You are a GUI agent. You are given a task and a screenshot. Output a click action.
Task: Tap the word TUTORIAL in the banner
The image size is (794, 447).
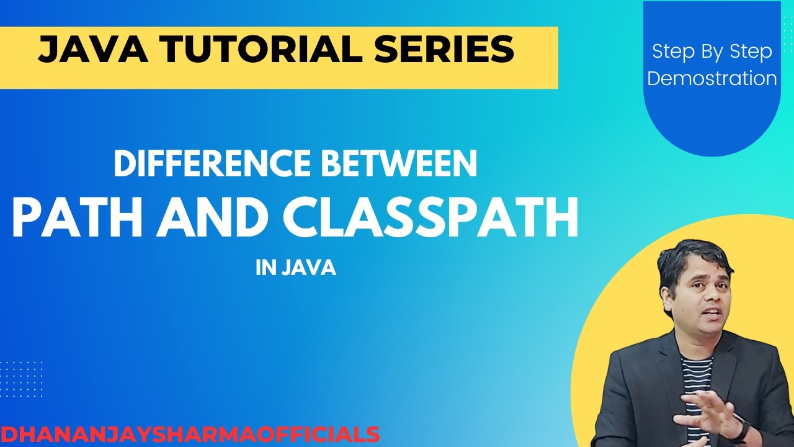coord(254,50)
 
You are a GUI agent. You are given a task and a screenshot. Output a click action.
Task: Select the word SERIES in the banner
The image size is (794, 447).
coord(443,50)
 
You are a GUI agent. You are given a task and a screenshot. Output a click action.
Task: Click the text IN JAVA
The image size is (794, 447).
coord(296,269)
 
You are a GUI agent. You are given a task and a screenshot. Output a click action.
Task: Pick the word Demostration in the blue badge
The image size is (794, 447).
coord(712,79)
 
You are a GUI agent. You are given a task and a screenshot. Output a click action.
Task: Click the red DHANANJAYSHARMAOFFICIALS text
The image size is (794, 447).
coord(190,434)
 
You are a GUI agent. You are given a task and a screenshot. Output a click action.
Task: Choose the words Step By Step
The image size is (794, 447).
coord(712,52)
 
